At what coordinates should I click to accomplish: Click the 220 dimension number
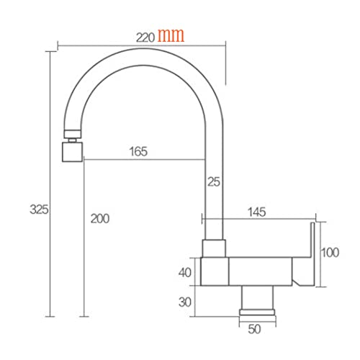[145, 37]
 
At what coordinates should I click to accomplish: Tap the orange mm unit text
[171, 35]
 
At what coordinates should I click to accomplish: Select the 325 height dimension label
[39, 210]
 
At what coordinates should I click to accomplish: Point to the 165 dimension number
[138, 151]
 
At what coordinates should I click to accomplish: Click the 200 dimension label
[100, 219]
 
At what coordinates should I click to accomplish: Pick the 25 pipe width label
[214, 181]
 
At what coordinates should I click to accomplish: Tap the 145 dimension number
[257, 212]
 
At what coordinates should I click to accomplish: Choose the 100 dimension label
[330, 253]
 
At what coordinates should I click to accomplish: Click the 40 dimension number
[185, 273]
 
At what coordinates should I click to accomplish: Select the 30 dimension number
[185, 302]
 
